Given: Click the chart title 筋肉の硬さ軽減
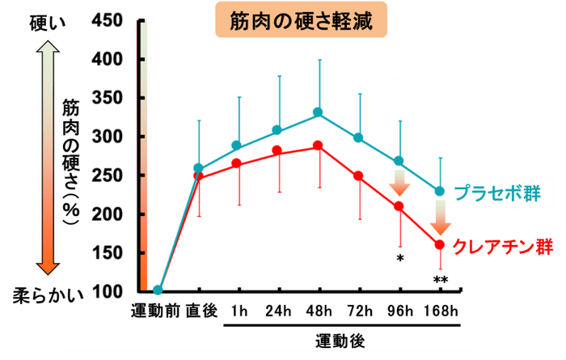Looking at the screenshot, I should [297, 21].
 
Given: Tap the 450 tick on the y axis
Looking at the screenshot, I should [108, 22].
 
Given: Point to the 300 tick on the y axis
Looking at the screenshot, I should [108, 137].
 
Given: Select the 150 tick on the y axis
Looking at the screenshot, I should [108, 253].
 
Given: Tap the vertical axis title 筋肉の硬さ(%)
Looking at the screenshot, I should [71, 163].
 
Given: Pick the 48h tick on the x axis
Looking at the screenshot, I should [318, 311].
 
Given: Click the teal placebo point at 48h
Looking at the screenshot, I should [318, 112].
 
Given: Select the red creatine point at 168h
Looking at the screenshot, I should [440, 244].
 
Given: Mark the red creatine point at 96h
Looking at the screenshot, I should [399, 206].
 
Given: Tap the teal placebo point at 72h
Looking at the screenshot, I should [358, 138].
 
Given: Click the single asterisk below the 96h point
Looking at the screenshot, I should [399, 259].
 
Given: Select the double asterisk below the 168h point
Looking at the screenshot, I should [441, 281].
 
